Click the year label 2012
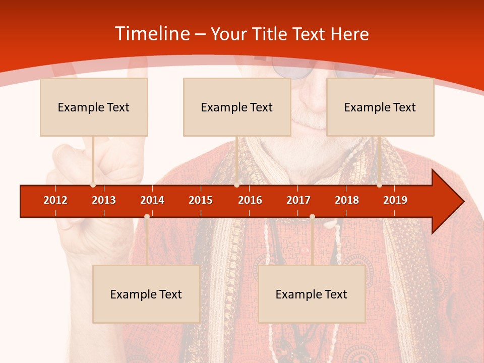(x=55, y=200)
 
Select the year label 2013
(x=104, y=200)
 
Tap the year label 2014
(x=152, y=200)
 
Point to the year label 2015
(x=201, y=200)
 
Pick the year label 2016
(x=250, y=200)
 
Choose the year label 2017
(x=298, y=200)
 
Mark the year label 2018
(x=347, y=200)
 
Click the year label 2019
(x=395, y=200)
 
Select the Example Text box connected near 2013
(x=94, y=107)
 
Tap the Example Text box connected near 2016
(x=237, y=107)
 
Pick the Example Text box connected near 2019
(x=380, y=107)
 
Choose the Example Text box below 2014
(x=146, y=294)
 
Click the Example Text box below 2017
(x=312, y=294)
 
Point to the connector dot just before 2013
(x=93, y=185)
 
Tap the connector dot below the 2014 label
(x=147, y=217)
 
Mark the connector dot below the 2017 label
(x=312, y=217)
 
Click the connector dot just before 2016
(x=236, y=185)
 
